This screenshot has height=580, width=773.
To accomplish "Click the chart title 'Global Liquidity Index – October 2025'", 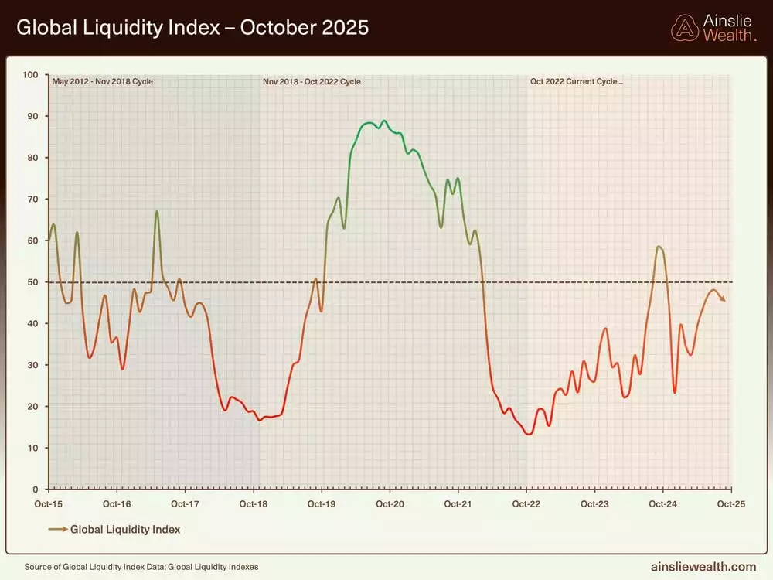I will [192, 28].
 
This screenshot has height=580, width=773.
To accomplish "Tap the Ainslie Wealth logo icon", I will [684, 28].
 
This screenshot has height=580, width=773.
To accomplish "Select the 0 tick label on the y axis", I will [36, 490].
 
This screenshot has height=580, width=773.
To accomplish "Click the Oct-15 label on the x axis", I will [49, 504].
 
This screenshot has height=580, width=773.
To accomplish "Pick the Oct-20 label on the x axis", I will [390, 504].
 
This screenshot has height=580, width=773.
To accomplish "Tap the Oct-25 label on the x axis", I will [730, 504].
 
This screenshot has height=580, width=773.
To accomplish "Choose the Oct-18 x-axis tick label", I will [254, 504].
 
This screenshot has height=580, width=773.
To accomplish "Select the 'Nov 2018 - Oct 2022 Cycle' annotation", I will [312, 81].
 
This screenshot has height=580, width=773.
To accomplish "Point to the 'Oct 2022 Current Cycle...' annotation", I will [576, 81].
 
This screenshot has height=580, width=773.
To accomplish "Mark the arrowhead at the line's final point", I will [723, 300].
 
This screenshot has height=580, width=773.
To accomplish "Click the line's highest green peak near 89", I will [385, 121].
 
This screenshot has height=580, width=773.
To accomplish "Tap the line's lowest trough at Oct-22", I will [529, 434].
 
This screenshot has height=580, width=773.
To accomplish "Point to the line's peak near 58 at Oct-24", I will [659, 247].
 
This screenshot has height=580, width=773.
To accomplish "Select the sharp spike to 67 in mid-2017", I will [157, 211].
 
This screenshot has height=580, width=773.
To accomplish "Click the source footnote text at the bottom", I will [141, 567].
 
